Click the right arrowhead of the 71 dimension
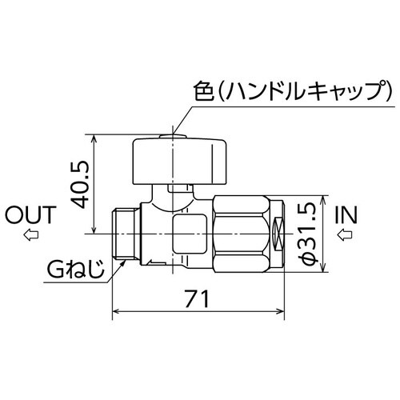pos(282,310)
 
